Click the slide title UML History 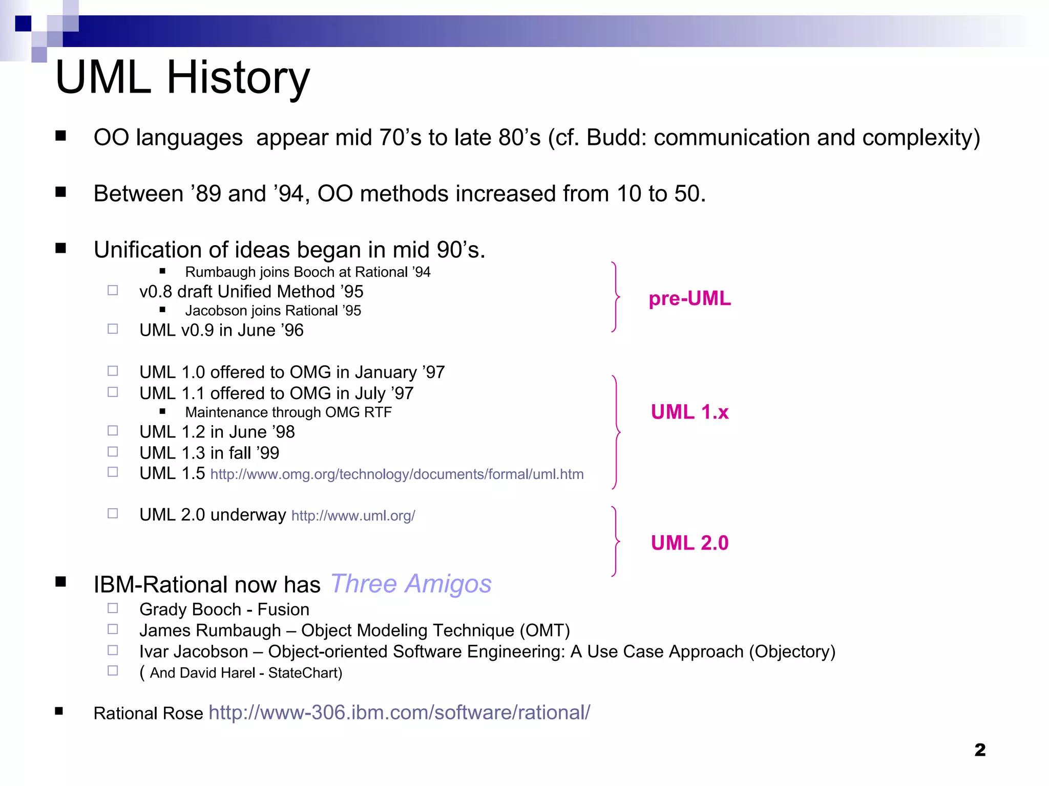point(182,78)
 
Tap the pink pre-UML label point(689,299)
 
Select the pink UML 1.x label point(689,412)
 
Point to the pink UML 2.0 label point(689,543)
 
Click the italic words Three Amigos point(411,584)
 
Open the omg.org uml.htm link point(397,474)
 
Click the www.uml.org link point(353,516)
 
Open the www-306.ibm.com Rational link point(400,712)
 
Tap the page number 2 point(980,750)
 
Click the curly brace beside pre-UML point(616,297)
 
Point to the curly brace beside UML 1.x point(616,432)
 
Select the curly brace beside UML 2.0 point(616,541)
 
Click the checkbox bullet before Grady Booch point(113,608)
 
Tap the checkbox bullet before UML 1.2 point(113,431)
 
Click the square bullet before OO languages point(61,136)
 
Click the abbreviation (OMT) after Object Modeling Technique point(544,630)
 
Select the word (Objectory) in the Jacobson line point(792,651)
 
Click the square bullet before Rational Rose point(59,711)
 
